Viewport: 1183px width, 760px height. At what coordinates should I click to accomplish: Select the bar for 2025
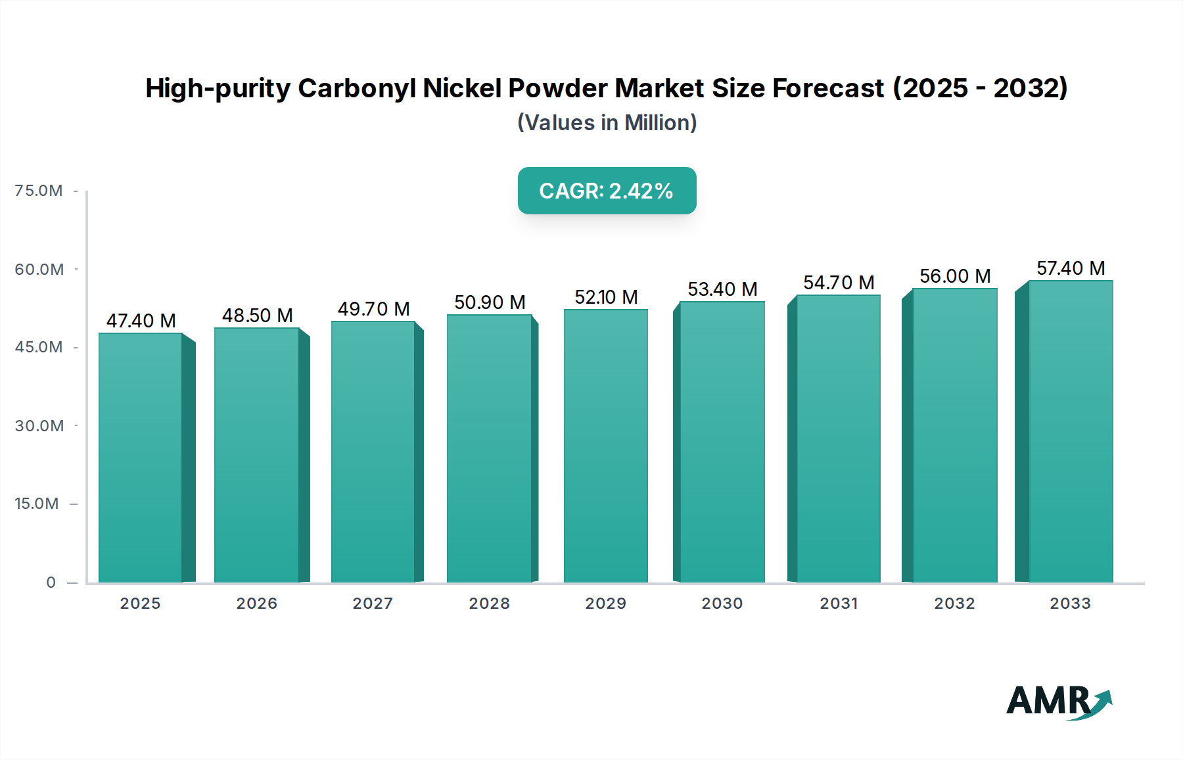tap(141, 458)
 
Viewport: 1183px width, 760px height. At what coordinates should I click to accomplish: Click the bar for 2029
tap(605, 446)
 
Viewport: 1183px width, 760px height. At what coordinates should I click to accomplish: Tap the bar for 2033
tap(1071, 431)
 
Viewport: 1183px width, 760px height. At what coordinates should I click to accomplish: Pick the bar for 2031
tap(838, 439)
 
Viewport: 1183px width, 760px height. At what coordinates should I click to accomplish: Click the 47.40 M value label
tap(141, 321)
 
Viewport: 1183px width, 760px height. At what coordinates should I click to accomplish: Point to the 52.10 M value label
tap(606, 297)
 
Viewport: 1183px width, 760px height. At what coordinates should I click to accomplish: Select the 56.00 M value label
tap(955, 276)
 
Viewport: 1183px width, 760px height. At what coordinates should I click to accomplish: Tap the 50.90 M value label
tap(490, 302)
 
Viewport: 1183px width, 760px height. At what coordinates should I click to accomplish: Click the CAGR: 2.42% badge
tap(607, 191)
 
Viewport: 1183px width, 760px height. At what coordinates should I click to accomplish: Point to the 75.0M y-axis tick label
tap(39, 191)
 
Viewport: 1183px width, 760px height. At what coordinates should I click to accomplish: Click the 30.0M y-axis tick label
tap(39, 426)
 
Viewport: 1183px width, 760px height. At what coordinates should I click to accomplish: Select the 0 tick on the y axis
tap(51, 582)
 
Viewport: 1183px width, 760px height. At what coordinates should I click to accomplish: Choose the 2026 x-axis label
tap(256, 604)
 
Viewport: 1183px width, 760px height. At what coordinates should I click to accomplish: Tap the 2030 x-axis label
tap(722, 604)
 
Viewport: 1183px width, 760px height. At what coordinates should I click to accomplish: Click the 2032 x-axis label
tap(954, 604)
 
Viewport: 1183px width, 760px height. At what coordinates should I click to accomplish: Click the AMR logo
tap(1058, 701)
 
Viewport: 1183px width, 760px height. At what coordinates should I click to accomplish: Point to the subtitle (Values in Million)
tap(607, 123)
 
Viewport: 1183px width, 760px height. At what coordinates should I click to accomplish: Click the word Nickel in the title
tap(463, 88)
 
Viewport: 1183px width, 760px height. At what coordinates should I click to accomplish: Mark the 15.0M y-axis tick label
tap(37, 504)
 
